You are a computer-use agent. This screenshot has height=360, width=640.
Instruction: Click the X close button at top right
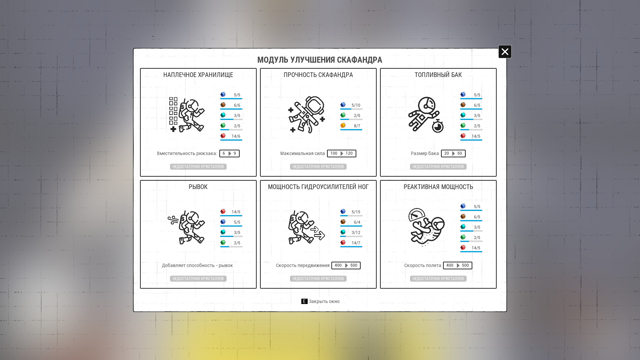coord(505,52)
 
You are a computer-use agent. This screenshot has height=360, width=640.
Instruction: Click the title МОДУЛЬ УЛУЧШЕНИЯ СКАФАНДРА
coord(320,60)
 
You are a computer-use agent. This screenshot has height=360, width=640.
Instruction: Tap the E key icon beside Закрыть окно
coord(304,301)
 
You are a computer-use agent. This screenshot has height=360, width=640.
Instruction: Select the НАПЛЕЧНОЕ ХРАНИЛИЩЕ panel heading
coord(198,75)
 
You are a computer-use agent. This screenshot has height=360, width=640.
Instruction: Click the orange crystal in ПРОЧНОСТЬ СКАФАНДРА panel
coord(343,125)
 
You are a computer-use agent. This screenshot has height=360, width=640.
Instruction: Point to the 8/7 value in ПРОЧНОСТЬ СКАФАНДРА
coord(357,126)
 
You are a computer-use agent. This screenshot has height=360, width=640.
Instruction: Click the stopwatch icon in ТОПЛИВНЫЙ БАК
coord(438,126)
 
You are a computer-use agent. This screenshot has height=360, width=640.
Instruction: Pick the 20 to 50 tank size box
coord(453,153)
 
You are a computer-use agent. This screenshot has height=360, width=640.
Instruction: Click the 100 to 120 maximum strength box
coord(341,153)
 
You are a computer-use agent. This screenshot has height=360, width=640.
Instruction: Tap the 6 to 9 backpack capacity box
coord(229,153)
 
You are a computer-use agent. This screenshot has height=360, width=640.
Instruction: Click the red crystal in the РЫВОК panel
coord(223,211)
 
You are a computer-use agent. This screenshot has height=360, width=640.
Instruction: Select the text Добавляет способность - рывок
coord(197,265)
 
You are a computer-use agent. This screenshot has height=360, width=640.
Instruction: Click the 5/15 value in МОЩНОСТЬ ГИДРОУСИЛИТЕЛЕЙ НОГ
coord(356,212)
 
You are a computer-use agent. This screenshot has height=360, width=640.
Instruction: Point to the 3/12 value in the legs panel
coord(356,233)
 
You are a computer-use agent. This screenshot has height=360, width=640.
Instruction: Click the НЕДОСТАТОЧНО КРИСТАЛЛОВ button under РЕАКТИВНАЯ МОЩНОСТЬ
coord(438,279)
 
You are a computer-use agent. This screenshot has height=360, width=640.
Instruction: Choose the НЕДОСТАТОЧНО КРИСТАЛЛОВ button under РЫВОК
coord(198,279)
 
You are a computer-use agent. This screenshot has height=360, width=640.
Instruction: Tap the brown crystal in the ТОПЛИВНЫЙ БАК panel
coord(463,105)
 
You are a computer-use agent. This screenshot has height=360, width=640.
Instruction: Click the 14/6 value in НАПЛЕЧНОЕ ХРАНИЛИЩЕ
coord(236,136)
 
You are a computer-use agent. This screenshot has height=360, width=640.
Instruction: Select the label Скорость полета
coord(423,265)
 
